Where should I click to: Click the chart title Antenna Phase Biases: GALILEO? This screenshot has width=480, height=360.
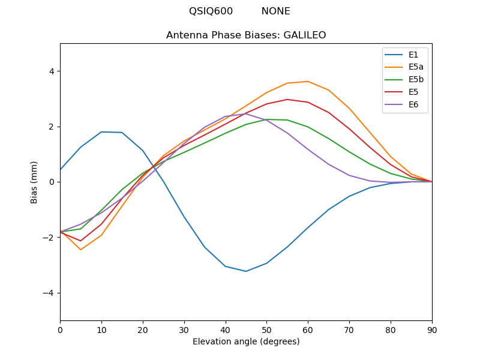click(246, 35)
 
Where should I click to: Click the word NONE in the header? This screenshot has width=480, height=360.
click(276, 11)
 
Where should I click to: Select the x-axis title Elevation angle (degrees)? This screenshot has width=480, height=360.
click(246, 342)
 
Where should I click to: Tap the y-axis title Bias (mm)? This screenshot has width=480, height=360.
click(34, 182)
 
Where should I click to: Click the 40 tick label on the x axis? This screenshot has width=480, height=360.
click(226, 329)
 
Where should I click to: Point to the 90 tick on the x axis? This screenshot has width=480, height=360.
click(432, 329)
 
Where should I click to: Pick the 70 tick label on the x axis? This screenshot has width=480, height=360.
click(349, 329)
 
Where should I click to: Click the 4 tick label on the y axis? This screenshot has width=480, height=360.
click(52, 71)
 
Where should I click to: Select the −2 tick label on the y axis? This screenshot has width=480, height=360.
click(49, 238)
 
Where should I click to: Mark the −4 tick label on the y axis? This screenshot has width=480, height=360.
click(49, 293)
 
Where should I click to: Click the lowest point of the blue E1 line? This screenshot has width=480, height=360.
click(246, 271)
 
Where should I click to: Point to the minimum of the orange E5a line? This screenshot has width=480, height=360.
click(80, 250)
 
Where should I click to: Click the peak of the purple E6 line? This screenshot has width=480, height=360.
click(246, 114)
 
